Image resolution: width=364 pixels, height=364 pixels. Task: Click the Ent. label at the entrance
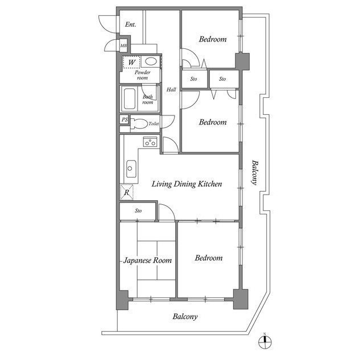[130, 25]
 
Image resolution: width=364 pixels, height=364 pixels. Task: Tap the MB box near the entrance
[123, 45]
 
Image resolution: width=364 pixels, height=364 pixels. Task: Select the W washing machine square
[131, 61]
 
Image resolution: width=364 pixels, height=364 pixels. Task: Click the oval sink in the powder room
[150, 61]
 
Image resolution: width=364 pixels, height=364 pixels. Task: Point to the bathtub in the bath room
[129, 100]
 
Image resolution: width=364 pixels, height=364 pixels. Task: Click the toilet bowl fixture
[138, 123]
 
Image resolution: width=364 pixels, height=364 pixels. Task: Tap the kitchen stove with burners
[150, 142]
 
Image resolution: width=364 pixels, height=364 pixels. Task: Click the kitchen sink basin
[131, 167]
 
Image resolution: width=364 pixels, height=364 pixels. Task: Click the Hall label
[171, 89]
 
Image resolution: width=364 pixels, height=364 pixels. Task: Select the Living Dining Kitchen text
[185, 184]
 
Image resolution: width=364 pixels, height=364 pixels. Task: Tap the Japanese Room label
[148, 260]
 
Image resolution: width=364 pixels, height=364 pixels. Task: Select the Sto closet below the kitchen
[138, 211]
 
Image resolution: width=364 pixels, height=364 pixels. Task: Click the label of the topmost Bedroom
[213, 40]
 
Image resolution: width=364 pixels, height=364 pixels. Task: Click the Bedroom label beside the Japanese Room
[209, 258]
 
